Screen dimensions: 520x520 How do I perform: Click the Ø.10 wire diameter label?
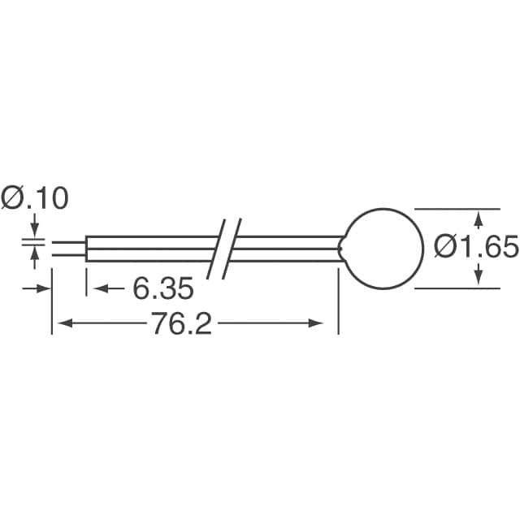pos(35,198)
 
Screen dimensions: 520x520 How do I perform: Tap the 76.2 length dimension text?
pos(180,324)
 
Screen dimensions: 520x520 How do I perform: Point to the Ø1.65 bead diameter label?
pos(476,246)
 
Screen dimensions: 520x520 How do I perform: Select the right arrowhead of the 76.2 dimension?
pos(330,324)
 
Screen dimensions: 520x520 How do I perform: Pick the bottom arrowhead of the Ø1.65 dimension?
pos(479,279)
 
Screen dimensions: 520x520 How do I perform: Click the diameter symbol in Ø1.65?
pos(445,246)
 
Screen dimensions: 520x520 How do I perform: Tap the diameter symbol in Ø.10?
pos(14,198)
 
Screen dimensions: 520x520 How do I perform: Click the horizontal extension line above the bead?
pos(455,208)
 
